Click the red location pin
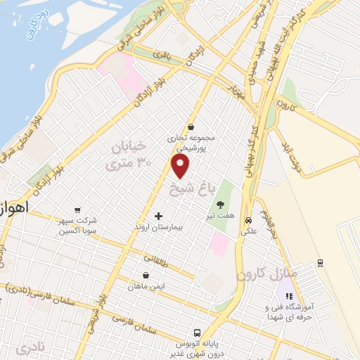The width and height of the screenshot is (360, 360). pyautogui.click(x=181, y=166)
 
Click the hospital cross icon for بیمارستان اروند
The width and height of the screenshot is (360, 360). pyautogui.click(x=157, y=217)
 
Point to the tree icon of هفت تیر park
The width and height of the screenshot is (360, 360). pyautogui.click(x=220, y=205)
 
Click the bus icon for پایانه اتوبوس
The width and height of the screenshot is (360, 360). pyautogui.click(x=198, y=333)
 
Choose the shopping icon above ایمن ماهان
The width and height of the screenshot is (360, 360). pyautogui.click(x=145, y=276)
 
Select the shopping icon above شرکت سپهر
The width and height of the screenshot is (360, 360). pyautogui.click(x=77, y=209)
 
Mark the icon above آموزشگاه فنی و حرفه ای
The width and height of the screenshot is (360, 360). pyautogui.click(x=288, y=295)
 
